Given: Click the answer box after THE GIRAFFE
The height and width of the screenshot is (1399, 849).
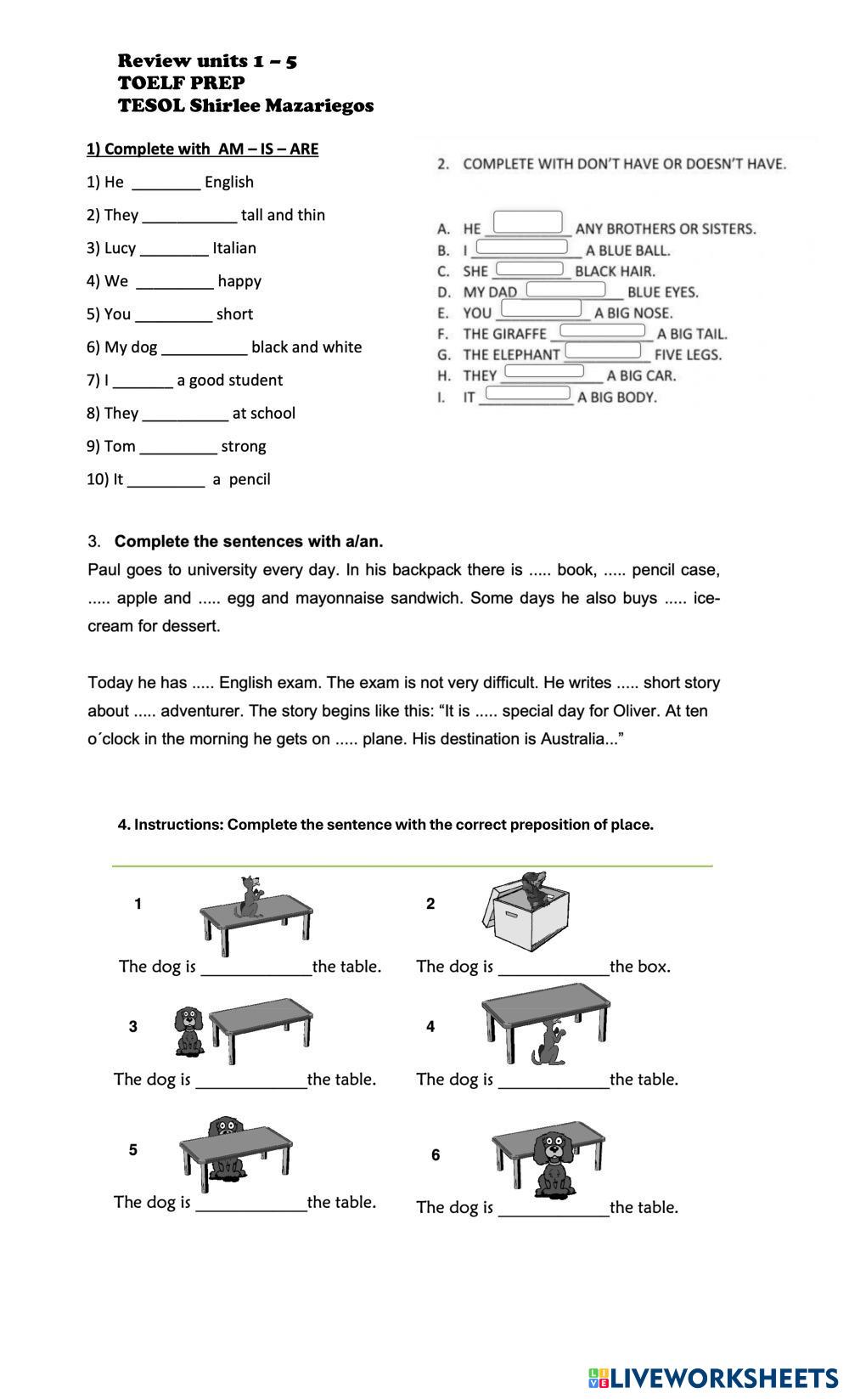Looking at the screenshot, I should coord(602,330).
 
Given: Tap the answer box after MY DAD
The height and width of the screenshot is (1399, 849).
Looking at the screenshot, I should coord(566,289).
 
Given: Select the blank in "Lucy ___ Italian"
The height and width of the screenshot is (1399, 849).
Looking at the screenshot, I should coord(174,249).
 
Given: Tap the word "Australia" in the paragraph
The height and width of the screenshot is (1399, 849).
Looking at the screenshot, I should coord(574,739).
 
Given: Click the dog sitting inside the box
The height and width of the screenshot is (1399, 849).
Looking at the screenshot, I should coord(534,887).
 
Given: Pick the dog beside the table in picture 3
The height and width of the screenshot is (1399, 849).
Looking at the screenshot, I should coord(188,1031).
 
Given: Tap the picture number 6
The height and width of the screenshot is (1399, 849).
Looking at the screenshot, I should coord(436,1155).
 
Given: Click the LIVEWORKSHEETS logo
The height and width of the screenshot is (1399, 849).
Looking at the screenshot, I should coord(712,1377).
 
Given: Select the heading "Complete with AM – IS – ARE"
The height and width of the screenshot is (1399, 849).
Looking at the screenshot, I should coord(202,149).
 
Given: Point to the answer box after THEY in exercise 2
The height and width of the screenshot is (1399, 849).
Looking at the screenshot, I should coord(544,371).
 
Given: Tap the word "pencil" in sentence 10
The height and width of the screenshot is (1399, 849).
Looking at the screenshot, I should coord(250,480).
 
